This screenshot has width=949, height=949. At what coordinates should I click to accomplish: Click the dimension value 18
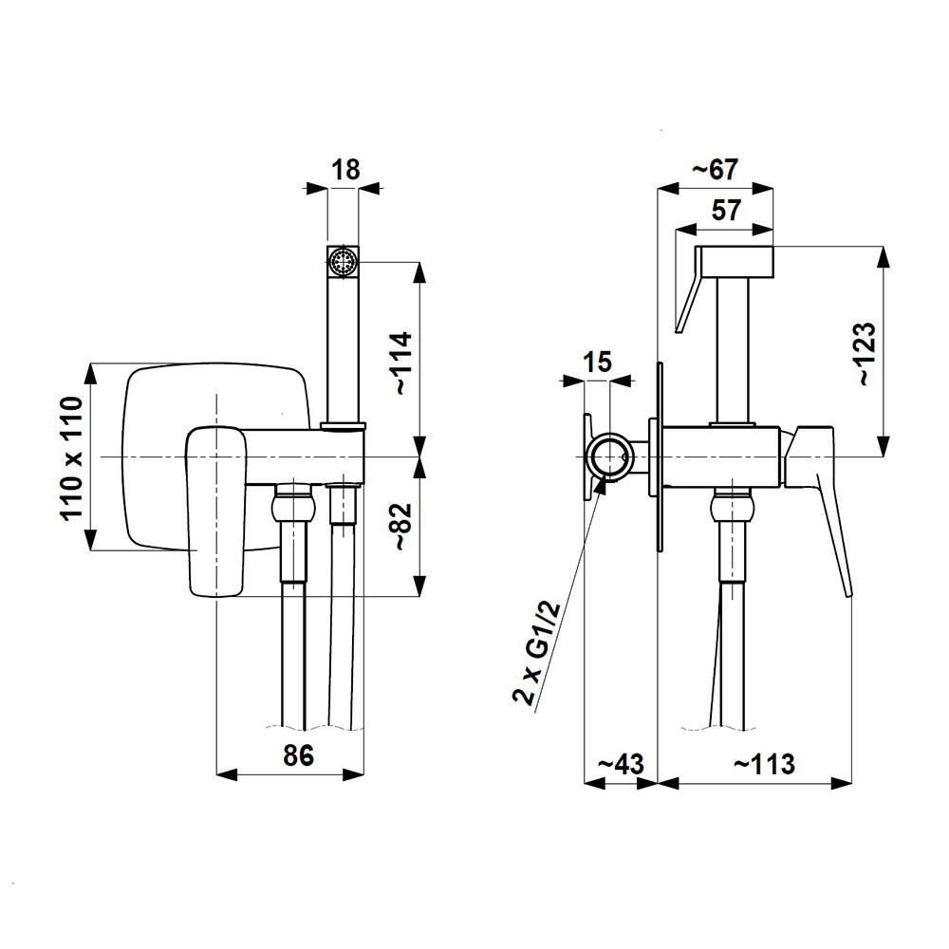(346, 170)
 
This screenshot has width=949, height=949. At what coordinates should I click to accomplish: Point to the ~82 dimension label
(402, 524)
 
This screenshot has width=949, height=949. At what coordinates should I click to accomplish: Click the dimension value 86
(298, 755)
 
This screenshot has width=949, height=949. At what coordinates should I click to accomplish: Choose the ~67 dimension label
(715, 170)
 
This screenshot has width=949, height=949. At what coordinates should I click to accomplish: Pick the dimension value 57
(726, 211)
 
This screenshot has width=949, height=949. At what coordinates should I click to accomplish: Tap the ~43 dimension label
(620, 763)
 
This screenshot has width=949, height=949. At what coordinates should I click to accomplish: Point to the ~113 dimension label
(765, 763)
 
